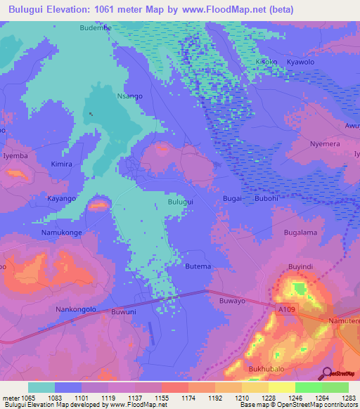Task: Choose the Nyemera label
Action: click(x=324, y=143)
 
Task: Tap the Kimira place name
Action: click(x=61, y=164)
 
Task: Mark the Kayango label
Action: click(x=61, y=199)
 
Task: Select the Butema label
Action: click(x=198, y=266)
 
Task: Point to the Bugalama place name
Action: click(x=300, y=232)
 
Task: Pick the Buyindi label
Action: click(x=300, y=267)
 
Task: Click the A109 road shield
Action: click(x=285, y=310)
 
